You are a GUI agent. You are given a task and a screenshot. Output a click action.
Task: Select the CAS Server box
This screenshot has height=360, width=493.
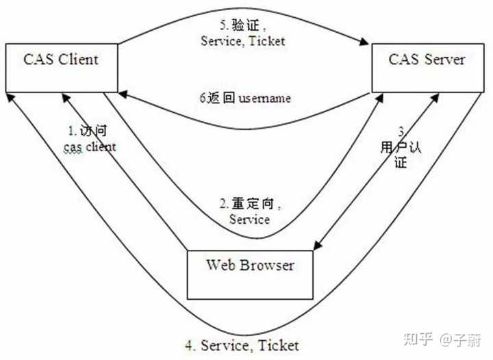coord(426,67)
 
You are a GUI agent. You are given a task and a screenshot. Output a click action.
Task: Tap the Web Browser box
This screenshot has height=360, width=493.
coord(249,274)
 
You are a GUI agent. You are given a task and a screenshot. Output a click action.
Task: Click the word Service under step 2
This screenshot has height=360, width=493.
coord(249,219)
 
